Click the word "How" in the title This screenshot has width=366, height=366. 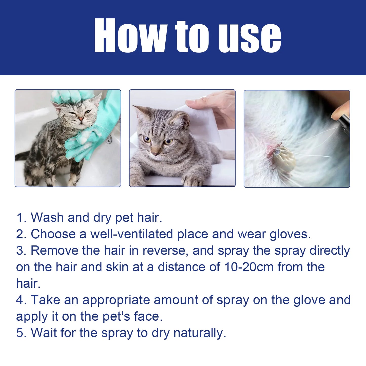coord(130,35)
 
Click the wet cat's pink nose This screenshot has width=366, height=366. coord(81,119)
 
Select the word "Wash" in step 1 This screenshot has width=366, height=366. coord(47,218)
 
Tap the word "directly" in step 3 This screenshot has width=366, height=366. coord(330,251)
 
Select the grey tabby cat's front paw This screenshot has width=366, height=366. coord(192,180)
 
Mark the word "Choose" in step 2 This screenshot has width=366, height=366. coord(53,234)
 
